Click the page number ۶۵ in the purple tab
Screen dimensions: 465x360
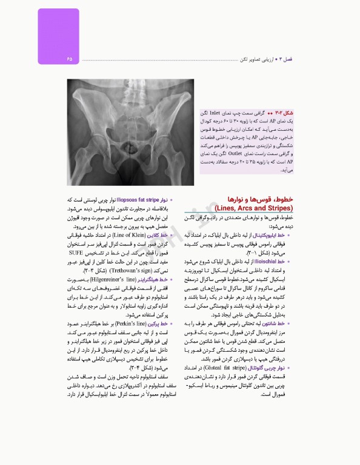click(70, 59)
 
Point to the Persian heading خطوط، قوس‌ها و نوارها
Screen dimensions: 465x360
click(267, 199)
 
